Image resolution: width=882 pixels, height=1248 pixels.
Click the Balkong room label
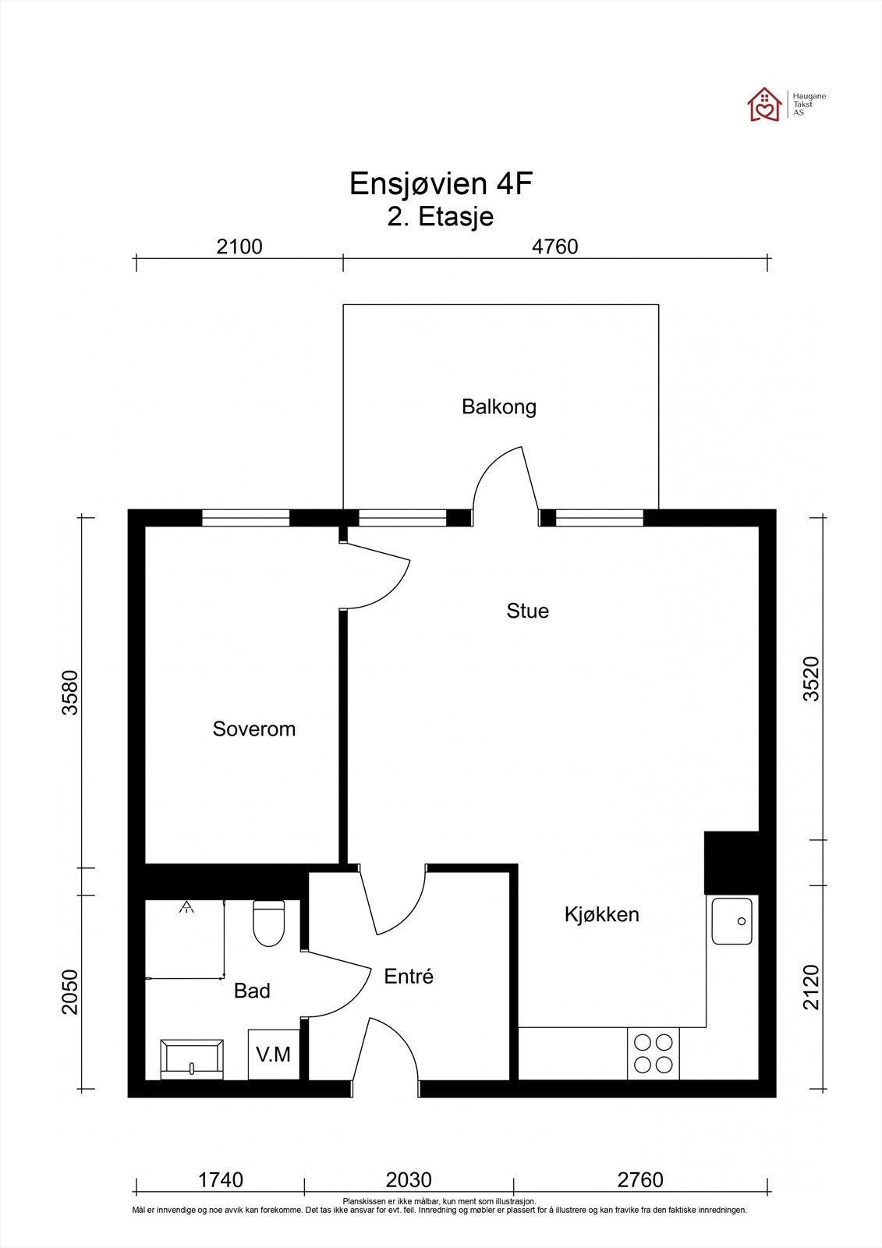click(x=498, y=407)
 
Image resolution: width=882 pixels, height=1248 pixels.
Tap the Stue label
click(x=527, y=611)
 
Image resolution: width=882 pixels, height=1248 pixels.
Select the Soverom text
click(x=254, y=729)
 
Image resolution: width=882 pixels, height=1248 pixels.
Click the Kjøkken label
click(x=601, y=914)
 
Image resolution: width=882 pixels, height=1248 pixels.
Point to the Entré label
click(x=409, y=976)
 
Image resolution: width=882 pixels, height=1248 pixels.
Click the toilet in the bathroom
click(x=269, y=924)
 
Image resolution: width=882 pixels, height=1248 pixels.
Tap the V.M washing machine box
click(x=273, y=1055)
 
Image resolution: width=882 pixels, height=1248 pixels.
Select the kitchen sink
click(x=731, y=920)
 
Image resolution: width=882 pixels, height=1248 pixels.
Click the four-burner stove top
click(x=653, y=1054)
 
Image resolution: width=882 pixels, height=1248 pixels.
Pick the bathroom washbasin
click(x=191, y=1059)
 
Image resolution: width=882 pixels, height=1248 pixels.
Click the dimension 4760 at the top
click(x=554, y=246)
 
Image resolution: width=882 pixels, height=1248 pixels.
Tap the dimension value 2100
click(x=239, y=246)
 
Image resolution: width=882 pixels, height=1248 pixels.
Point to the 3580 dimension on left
click(x=70, y=693)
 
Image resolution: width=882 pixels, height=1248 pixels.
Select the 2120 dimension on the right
click(x=812, y=987)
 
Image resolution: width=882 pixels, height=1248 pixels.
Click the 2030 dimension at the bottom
click(x=409, y=1180)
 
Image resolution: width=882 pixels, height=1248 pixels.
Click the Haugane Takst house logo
click(x=764, y=105)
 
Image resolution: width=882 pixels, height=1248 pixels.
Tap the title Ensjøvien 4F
click(x=441, y=184)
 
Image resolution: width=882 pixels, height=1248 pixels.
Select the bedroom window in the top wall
click(x=246, y=518)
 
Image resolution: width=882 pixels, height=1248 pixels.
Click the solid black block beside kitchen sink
click(x=731, y=862)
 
